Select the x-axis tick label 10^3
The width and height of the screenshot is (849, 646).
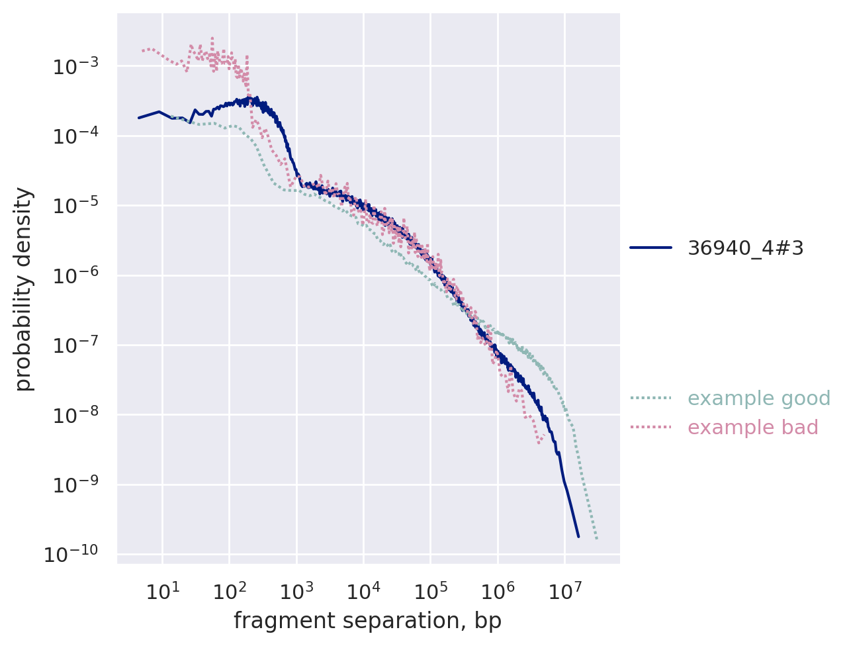(296, 591)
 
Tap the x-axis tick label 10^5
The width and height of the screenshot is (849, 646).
(430, 591)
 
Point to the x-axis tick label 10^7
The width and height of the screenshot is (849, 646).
(564, 591)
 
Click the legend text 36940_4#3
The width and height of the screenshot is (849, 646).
(746, 248)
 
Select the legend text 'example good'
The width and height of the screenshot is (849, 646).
(759, 398)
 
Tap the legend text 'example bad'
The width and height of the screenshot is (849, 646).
(753, 428)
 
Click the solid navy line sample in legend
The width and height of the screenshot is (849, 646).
(650, 248)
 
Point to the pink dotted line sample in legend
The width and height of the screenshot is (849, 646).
(650, 428)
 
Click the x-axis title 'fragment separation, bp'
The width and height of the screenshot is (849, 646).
(367, 621)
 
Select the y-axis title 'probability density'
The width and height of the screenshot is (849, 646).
(24, 289)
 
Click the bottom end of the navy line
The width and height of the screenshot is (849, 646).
(578, 536)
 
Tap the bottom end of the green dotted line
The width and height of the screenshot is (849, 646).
(596, 539)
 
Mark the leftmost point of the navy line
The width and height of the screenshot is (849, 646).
(138, 118)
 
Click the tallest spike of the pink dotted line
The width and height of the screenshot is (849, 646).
(212, 38)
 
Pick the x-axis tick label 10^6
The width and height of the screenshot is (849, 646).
(497, 591)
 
